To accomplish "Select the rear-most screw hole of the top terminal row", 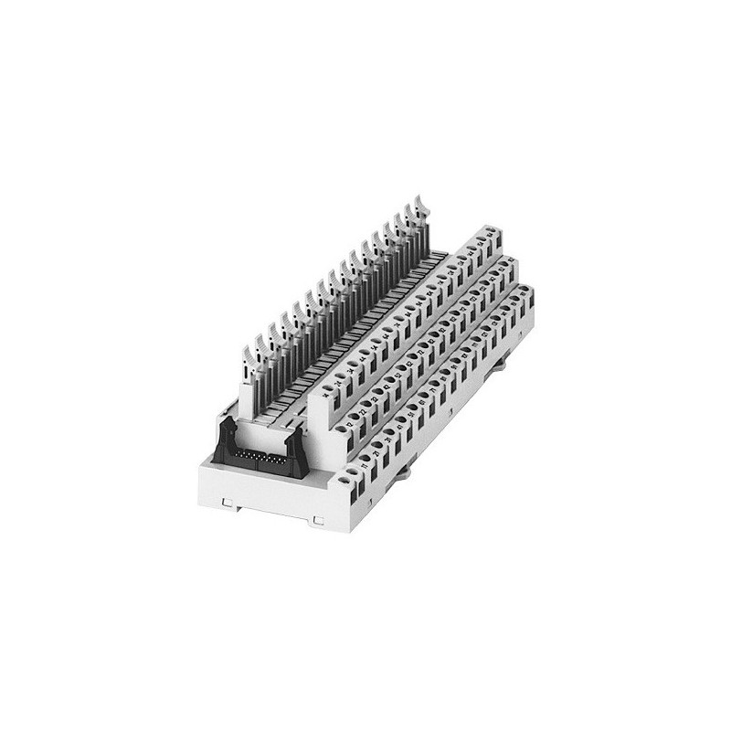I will click(x=488, y=234).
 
